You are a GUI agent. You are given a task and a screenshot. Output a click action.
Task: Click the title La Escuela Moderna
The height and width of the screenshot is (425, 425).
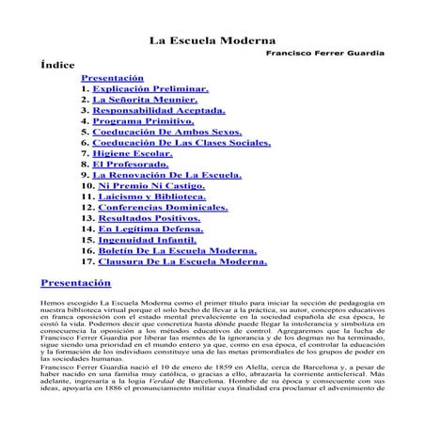212,42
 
